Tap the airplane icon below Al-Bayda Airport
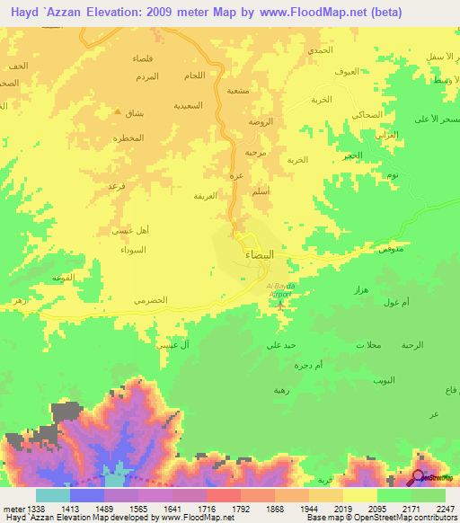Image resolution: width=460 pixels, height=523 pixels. click(x=281, y=303)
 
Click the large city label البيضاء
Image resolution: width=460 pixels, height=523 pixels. click(x=260, y=255)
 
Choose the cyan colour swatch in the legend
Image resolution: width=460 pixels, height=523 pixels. click(x=52, y=495)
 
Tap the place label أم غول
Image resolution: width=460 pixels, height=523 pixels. click(x=394, y=304)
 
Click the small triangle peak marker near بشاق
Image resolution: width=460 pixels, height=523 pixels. click(x=118, y=112)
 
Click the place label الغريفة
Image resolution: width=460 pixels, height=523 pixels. click(x=205, y=195)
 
